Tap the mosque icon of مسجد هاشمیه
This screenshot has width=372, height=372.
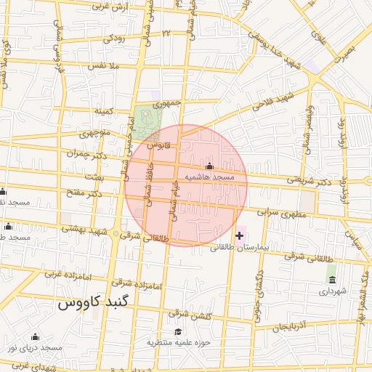(x=210, y=167)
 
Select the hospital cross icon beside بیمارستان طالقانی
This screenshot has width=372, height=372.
(x=240, y=235)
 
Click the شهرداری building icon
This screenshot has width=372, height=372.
(x=332, y=279)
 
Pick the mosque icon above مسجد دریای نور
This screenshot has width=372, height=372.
(x=35, y=336)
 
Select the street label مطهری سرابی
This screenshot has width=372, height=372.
(x=282, y=214)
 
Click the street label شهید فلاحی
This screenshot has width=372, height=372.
(x=272, y=102)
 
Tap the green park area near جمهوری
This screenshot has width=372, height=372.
(x=148, y=121)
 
